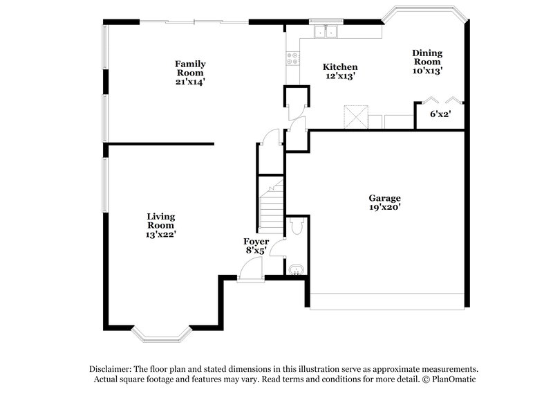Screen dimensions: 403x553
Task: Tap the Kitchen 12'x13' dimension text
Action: [x=340, y=76]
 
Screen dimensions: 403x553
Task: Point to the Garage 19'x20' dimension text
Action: [x=385, y=206]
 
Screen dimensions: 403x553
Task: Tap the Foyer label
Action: [x=256, y=241]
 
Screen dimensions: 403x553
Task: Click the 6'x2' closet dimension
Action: [x=440, y=114]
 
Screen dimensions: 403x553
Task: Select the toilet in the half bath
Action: [x=297, y=226]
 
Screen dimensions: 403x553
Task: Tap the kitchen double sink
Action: [x=324, y=31]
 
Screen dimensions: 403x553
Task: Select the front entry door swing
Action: [x=250, y=276]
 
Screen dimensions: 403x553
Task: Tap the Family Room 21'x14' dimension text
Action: [x=190, y=82]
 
